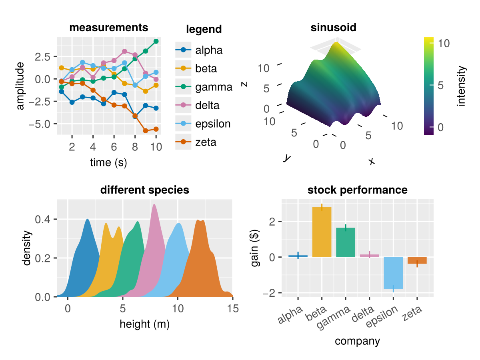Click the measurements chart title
click(x=109, y=28)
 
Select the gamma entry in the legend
click(x=214, y=87)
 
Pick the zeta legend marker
click(x=183, y=142)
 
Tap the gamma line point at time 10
click(x=156, y=41)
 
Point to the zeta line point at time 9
click(x=146, y=131)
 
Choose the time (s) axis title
click(x=108, y=163)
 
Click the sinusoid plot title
click(x=333, y=28)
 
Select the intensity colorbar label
click(x=462, y=86)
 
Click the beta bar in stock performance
click(x=322, y=232)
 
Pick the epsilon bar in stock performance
click(x=394, y=273)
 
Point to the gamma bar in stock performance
click(x=346, y=242)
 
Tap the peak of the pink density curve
click(x=154, y=205)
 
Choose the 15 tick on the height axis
click(x=233, y=308)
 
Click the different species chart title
click(x=144, y=190)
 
